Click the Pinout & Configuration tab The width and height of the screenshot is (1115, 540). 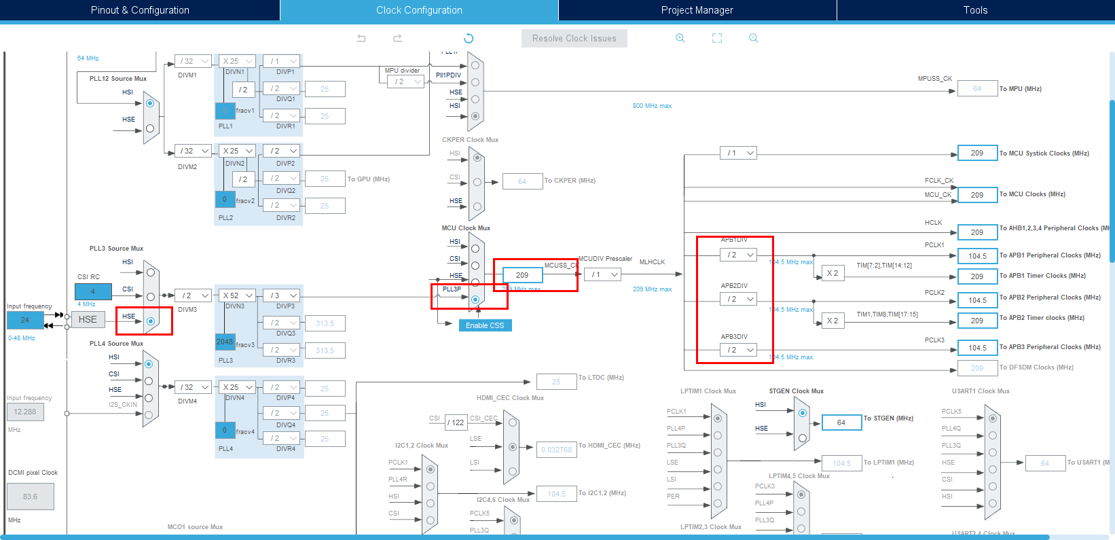tap(140, 10)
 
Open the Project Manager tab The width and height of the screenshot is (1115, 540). tap(697, 10)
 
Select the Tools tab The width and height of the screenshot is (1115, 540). tap(975, 10)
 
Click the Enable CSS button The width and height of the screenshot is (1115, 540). tap(485, 325)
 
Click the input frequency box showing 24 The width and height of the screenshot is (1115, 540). tap(25, 320)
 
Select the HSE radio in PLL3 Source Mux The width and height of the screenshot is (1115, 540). tap(150, 321)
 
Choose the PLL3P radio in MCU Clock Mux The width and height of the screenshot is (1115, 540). tap(475, 300)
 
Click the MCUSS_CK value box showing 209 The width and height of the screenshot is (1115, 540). tap(522, 275)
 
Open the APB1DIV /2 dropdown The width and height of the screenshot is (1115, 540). tap(739, 255)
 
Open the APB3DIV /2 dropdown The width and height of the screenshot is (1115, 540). tap(739, 350)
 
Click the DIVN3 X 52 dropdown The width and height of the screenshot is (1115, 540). tap(238, 295)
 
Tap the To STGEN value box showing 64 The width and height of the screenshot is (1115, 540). tap(841, 422)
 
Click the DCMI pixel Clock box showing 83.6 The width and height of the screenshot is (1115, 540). tap(31, 497)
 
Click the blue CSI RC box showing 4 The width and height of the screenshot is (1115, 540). tap(93, 291)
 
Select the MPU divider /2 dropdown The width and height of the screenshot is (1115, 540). tap(406, 82)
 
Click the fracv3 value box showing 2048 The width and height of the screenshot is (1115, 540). tap(225, 342)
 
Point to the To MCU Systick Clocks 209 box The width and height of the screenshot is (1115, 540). tap(977, 153)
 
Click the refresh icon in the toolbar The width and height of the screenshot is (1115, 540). tap(469, 39)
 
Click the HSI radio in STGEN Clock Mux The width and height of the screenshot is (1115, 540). tap(802, 413)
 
